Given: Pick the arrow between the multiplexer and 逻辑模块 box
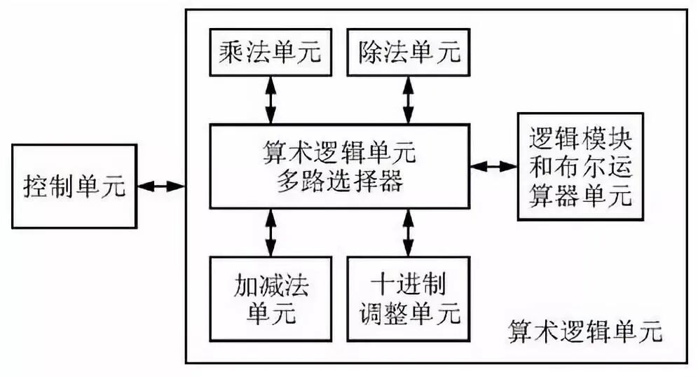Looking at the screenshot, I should click(x=493, y=167).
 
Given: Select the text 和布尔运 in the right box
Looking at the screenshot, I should click(x=579, y=167).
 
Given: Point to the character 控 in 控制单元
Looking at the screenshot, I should click(x=36, y=187).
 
